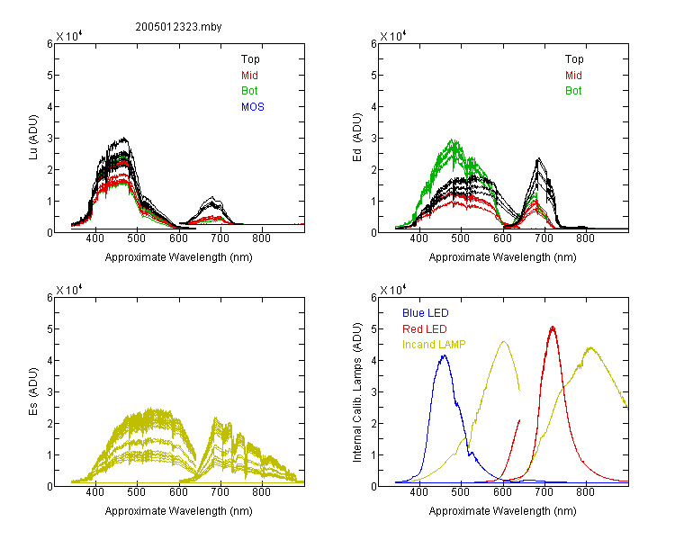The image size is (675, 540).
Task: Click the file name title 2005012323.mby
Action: tap(178, 27)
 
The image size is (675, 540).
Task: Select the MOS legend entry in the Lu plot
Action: tap(253, 107)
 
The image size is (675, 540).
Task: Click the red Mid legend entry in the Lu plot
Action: tap(249, 76)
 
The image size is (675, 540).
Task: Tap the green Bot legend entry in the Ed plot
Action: tap(573, 91)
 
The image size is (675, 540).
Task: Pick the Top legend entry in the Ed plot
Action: tap(574, 59)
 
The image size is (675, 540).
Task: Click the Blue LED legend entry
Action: tap(426, 313)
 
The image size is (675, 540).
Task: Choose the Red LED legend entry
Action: tap(425, 329)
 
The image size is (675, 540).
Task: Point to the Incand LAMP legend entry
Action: tap(434, 345)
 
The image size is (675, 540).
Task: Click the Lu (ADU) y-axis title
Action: tap(33, 138)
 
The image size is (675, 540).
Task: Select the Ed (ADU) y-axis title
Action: tap(357, 138)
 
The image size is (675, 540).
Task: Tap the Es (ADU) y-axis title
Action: tap(33, 391)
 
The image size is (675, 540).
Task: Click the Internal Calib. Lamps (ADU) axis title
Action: tap(357, 392)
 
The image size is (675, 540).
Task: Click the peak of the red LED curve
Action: tap(553, 328)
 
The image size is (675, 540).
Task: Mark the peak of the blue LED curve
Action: tap(444, 355)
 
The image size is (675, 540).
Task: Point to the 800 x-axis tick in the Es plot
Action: tap(261, 492)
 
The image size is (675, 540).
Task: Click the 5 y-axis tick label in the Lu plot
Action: tap(49, 76)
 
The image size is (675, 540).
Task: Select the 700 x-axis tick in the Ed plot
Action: tap(544, 238)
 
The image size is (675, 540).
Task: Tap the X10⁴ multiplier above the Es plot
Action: tap(69, 290)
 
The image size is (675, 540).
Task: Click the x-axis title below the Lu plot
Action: tap(179, 257)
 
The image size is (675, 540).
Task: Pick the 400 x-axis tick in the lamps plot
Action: tap(418, 492)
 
